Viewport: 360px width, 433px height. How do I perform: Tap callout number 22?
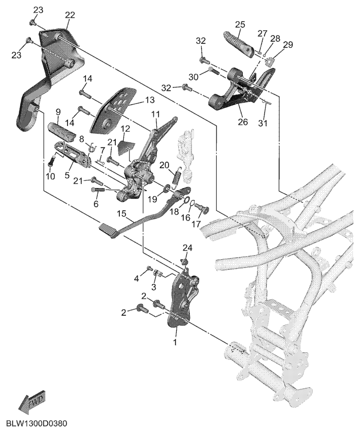(70, 16)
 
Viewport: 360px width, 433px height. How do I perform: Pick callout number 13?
(136, 100)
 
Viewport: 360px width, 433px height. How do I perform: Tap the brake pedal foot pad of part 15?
(108, 230)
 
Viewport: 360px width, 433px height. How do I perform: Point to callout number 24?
(188, 248)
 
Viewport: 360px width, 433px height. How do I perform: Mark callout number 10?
(50, 176)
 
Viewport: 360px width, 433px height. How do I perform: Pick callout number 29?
(288, 46)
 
